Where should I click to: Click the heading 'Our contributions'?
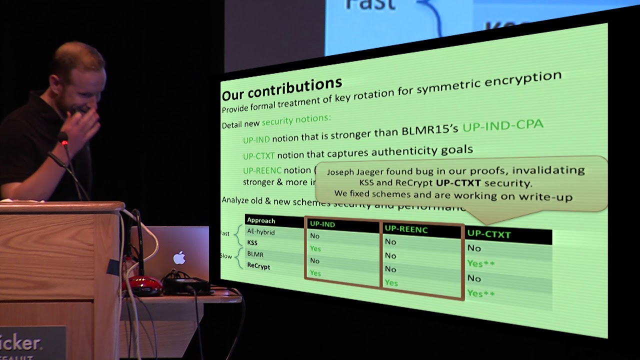point(281,88)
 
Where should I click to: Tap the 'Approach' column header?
point(261,220)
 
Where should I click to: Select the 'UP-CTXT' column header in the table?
point(488,233)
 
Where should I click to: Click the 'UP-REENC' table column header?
point(406,229)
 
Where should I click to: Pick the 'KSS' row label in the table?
point(252,242)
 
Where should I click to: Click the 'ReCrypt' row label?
point(258,266)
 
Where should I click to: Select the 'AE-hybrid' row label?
point(260,232)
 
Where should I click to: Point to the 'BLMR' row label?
point(255,254)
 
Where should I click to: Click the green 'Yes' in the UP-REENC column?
point(391,283)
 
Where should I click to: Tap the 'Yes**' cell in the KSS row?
point(480,263)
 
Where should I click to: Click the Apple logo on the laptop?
point(179,258)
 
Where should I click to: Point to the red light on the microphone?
point(64,142)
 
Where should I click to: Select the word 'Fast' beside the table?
point(225,233)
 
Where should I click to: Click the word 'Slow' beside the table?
point(226,256)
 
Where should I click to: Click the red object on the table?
point(142,285)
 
